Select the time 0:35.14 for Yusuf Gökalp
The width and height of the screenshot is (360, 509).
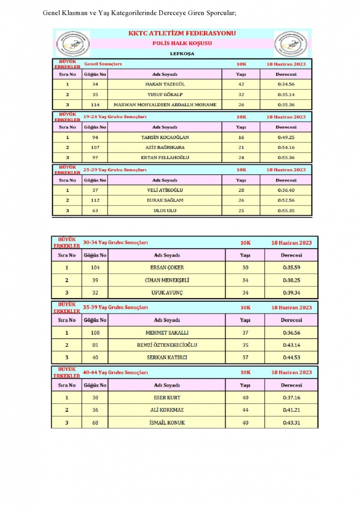point(286,94)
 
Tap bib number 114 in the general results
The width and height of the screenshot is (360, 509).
point(95,105)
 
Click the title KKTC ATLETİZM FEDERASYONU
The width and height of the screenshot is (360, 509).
point(182,33)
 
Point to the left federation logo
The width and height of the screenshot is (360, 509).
point(74,43)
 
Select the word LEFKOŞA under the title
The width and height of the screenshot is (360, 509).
point(182,54)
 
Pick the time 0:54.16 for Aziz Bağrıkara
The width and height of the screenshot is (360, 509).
point(286,147)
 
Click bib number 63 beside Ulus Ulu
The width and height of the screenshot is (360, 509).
point(95,210)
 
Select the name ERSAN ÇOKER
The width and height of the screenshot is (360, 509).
point(167,267)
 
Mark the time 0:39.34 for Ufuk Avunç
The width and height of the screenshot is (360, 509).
point(291,293)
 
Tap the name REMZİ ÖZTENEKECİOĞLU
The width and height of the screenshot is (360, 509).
point(167,345)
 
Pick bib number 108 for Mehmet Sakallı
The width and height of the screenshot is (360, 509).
point(95,332)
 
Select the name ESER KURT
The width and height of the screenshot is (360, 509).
point(167,398)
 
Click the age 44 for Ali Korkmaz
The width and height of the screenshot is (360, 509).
point(246,410)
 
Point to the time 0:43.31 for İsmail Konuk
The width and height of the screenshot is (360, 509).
point(291,423)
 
